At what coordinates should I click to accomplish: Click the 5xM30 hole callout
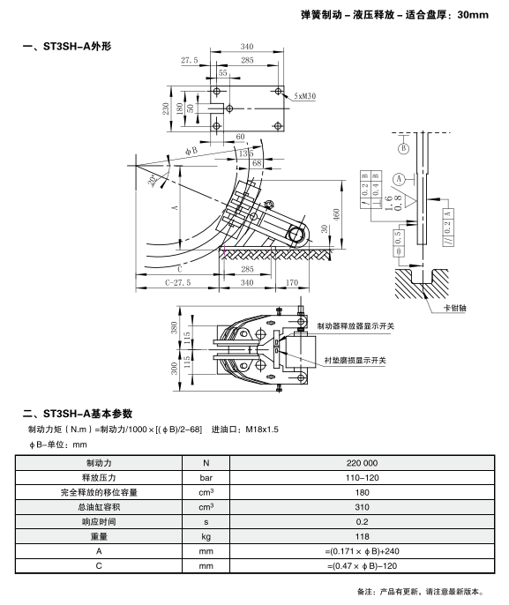(x=305, y=96)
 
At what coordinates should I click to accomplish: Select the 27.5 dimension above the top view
(x=189, y=60)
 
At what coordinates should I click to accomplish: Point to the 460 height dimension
(x=336, y=214)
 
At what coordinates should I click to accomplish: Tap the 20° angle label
(x=153, y=180)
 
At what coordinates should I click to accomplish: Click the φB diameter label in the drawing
(x=191, y=150)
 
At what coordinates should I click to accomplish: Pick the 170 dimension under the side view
(x=292, y=282)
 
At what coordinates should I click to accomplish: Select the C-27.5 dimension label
(x=178, y=282)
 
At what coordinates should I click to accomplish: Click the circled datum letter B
(x=404, y=148)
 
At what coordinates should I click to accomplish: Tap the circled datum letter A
(x=399, y=179)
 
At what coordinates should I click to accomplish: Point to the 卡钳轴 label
(x=454, y=308)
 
